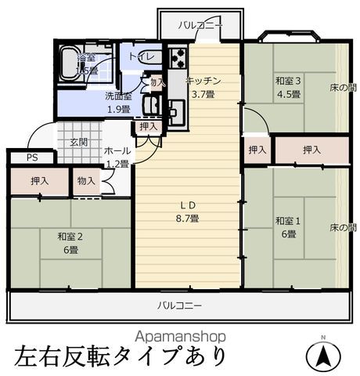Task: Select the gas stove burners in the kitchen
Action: point(177,57)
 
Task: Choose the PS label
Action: point(31,157)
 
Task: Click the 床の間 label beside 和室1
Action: point(342,226)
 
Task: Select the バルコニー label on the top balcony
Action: point(200,26)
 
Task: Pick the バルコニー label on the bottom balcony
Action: point(180,305)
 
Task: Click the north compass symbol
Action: point(323,357)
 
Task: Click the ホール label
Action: point(117,150)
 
